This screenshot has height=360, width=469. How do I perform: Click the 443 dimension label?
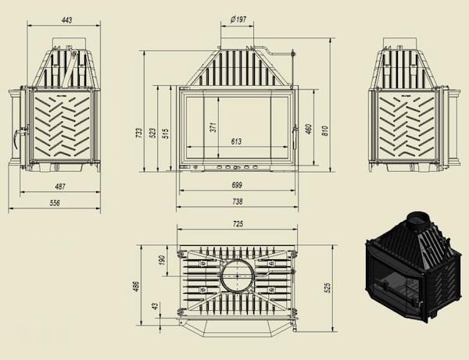click(66, 20)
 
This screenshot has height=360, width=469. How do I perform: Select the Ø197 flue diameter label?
click(238, 20)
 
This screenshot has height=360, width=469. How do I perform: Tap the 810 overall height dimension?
click(325, 130)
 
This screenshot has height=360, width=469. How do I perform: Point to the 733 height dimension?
click(139, 133)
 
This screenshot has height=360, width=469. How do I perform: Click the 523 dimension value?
click(152, 133)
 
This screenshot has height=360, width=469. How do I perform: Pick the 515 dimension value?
click(166, 133)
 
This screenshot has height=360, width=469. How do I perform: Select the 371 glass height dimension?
click(213, 127)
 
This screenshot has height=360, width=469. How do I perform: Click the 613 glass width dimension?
click(236, 141)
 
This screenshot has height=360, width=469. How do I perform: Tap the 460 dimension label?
click(309, 129)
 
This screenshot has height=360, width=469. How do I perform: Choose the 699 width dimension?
click(237, 185)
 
